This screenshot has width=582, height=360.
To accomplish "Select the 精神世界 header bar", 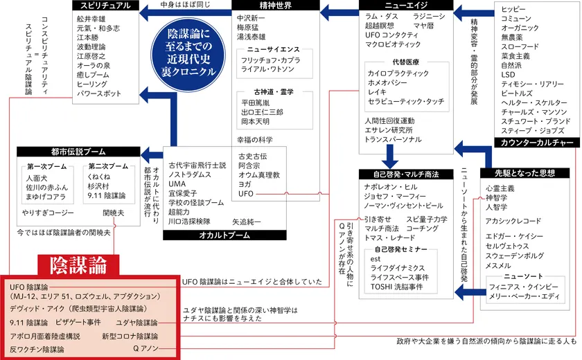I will (275, 6).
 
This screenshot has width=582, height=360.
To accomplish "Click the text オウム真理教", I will (258, 176).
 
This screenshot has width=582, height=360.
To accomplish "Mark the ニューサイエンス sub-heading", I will (274, 50).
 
